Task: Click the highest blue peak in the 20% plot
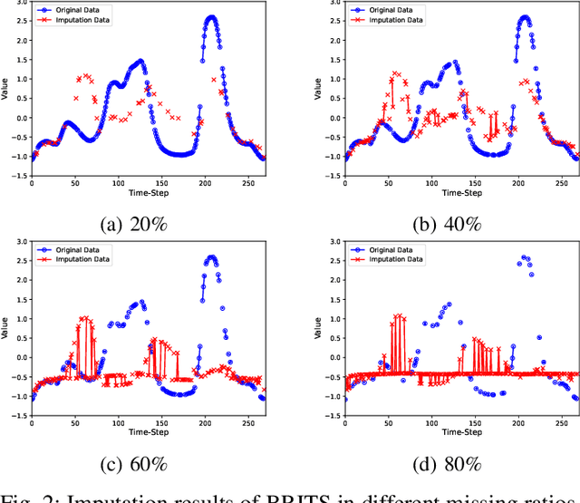(x=211, y=17)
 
